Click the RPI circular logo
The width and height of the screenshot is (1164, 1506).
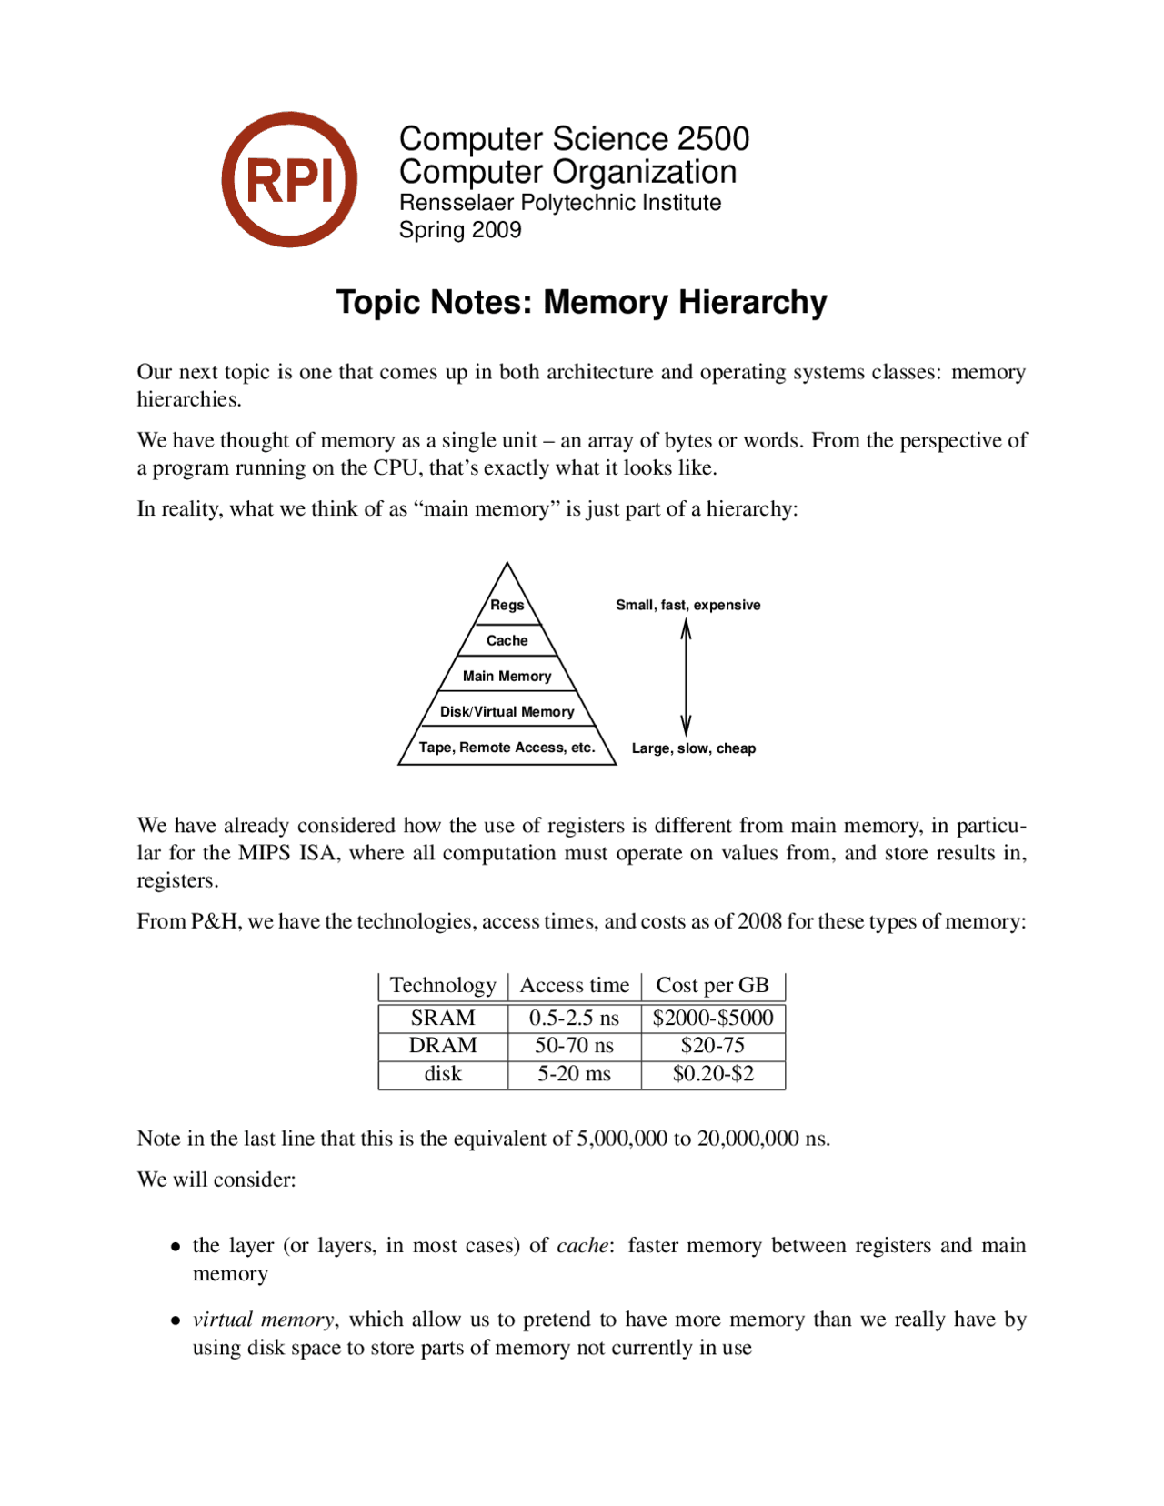[x=289, y=179]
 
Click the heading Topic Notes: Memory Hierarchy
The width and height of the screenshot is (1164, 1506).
[x=581, y=302]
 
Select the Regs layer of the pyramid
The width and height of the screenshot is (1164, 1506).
[x=507, y=605]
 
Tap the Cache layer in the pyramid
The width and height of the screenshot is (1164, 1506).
[x=507, y=640]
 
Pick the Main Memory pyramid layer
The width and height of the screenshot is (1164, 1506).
[x=507, y=676]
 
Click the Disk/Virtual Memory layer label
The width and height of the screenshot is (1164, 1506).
[x=507, y=711]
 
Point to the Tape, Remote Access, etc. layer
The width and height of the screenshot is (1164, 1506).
[x=507, y=748]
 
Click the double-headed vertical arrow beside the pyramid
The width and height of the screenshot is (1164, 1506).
[x=687, y=678]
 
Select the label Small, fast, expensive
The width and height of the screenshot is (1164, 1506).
[x=687, y=605]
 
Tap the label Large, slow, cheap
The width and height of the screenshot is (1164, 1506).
[x=693, y=748]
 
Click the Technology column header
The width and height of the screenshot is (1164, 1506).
[x=443, y=985]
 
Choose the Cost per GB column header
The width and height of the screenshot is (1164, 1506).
[x=712, y=985]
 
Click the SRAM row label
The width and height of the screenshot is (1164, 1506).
[x=443, y=1018]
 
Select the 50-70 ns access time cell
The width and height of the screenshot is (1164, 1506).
[x=574, y=1046]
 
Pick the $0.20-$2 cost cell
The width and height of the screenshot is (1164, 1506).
[x=712, y=1074]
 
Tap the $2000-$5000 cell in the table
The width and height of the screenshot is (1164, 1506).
[x=712, y=1018]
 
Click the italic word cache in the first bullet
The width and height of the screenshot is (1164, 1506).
[x=582, y=1245]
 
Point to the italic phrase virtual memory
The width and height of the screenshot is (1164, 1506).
[x=263, y=1320]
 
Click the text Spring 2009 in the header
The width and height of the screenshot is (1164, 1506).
[x=460, y=230]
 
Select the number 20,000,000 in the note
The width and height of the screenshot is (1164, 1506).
[x=748, y=1139]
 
